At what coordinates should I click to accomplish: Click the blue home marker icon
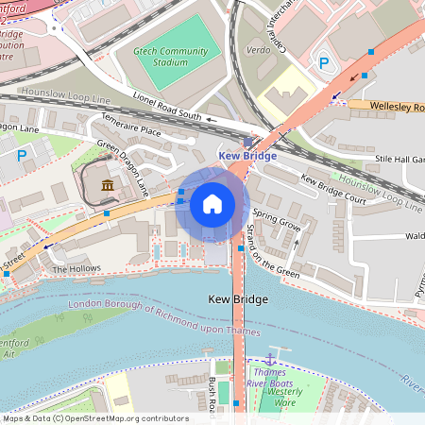pos(212,204)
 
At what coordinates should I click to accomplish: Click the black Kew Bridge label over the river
pos(237,299)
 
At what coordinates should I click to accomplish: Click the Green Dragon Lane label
pos(124,168)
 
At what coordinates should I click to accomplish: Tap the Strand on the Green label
pos(274,252)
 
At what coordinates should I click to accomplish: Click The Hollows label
pos(76,269)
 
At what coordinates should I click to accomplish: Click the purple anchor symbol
pos(270,359)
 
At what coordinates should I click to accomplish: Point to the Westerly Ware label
pos(285,397)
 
